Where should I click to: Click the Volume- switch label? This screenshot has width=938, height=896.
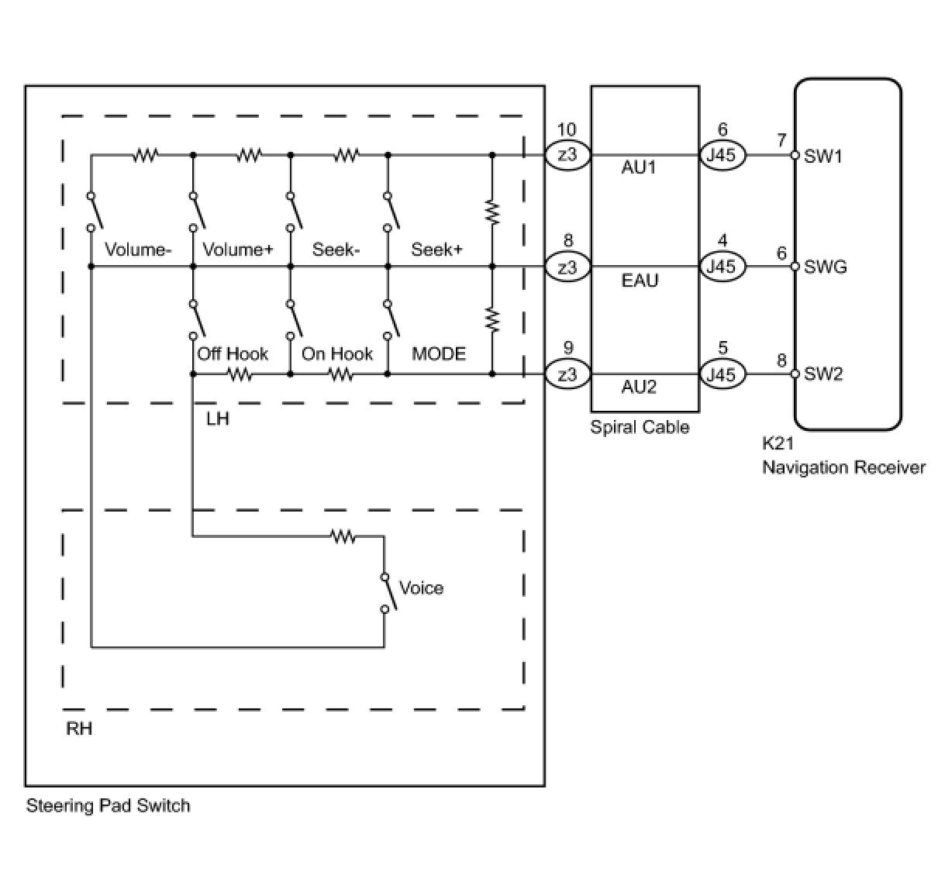tap(137, 250)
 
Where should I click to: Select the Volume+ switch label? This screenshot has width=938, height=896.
tap(238, 250)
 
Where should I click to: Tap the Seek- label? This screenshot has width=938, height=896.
tap(336, 250)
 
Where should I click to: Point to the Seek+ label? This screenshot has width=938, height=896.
tap(436, 250)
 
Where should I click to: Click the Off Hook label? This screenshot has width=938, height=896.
tap(233, 354)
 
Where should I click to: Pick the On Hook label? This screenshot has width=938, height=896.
tap(337, 354)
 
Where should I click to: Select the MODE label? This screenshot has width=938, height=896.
tap(439, 354)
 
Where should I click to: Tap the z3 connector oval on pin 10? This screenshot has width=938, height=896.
tap(568, 155)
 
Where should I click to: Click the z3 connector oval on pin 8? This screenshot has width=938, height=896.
tap(568, 267)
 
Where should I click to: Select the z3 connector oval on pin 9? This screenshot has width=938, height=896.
tap(568, 374)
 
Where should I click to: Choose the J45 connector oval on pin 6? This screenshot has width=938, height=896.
tap(722, 155)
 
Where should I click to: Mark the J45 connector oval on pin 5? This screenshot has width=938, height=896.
tap(722, 374)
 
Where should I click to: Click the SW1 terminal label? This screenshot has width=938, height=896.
tap(823, 156)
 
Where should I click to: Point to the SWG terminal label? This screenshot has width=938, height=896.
tap(826, 267)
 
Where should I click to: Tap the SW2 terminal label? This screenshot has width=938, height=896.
tap(823, 374)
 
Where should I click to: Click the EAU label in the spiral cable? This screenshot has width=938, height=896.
tap(640, 280)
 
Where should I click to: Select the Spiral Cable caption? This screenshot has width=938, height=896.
tap(640, 427)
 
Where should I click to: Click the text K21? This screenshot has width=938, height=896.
tap(778, 445)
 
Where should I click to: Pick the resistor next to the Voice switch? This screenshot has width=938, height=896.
tap(343, 536)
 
